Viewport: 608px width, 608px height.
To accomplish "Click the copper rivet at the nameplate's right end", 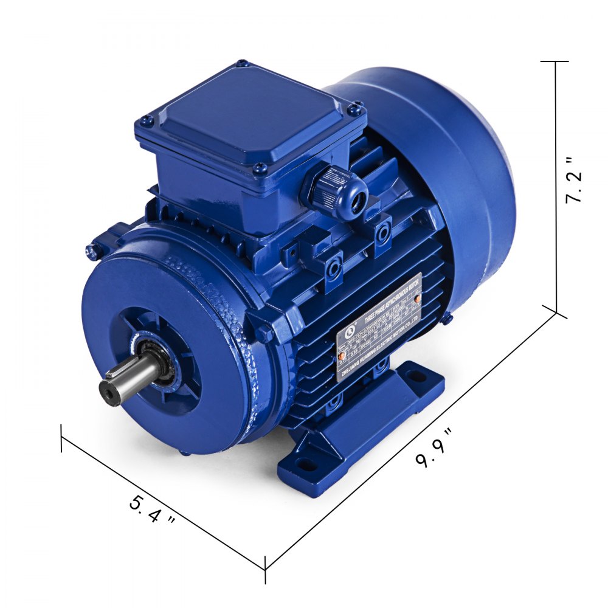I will (417, 299).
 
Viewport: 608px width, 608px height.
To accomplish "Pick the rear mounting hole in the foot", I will (416, 376).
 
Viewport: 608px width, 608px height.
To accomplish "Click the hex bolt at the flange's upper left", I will (92, 249).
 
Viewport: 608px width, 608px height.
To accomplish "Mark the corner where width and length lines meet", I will (265, 569).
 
